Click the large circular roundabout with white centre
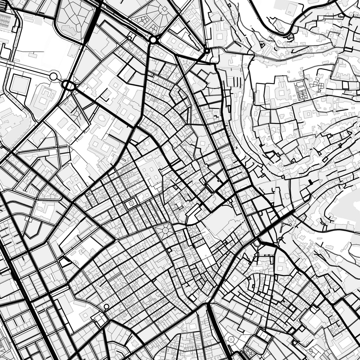tap(153, 40)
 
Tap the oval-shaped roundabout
tap(69, 85)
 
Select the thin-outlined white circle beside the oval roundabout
tap(53, 77)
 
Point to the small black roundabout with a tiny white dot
tap(207, 51)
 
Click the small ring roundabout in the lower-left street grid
tap(106, 307)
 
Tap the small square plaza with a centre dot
tap(132, 203)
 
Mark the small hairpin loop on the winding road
tap(289, 35)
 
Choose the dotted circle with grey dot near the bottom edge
tap(231, 339)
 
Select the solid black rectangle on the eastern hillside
tap(310, 181)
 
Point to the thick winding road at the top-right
tap(316, 11)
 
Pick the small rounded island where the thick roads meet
tap(257, 243)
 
